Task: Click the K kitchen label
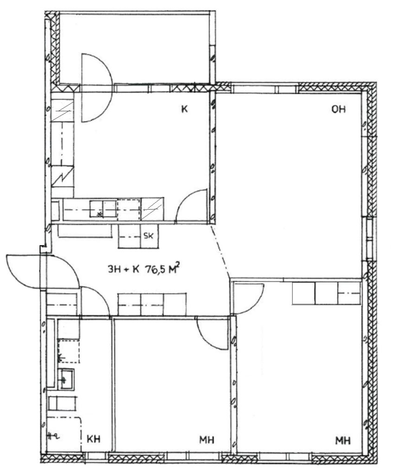(184, 109)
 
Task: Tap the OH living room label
(338, 109)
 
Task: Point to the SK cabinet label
(148, 236)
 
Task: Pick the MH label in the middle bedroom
(207, 440)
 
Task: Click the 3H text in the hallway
(115, 269)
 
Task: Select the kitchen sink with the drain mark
(103, 209)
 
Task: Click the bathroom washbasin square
(66, 379)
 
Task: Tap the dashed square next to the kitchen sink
(129, 209)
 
